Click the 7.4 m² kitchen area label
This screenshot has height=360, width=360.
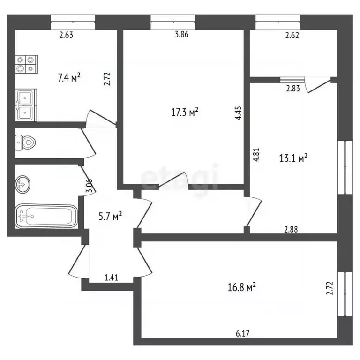[x=69, y=77]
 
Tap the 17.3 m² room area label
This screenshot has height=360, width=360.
[x=185, y=112]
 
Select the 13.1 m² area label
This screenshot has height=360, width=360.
[x=293, y=158]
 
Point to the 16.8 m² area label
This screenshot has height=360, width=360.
[x=241, y=287]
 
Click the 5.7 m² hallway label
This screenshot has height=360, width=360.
[x=110, y=216]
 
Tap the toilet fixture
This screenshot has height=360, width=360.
[x=25, y=142]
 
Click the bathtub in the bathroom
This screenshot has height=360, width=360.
[x=46, y=216]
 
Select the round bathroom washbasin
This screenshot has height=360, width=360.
[x=22, y=184]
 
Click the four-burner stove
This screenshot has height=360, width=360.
[x=26, y=64]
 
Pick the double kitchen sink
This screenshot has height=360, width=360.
[x=26, y=105]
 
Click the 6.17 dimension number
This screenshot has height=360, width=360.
[x=243, y=333]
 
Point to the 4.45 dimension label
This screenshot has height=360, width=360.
[x=238, y=113]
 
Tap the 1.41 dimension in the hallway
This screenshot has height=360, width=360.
[x=111, y=277]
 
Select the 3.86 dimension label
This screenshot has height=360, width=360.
[x=181, y=34]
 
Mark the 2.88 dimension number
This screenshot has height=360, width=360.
[x=291, y=229]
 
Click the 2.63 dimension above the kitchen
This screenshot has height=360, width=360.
[x=66, y=35]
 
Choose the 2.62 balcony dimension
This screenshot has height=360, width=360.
[x=292, y=35]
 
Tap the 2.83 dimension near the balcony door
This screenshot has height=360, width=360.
[x=293, y=89]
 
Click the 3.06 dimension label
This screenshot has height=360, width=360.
[x=89, y=185]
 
